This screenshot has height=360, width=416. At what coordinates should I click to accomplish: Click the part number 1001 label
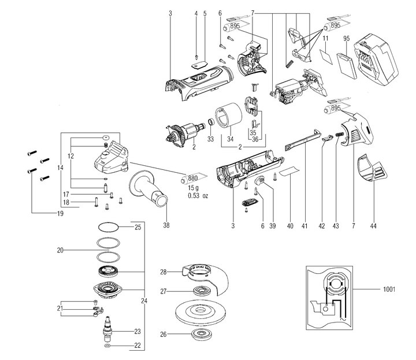coord(389,289)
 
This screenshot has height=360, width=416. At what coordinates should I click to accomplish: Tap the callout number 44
coord(373,226)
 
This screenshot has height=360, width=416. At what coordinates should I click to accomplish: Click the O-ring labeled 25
coord(108,227)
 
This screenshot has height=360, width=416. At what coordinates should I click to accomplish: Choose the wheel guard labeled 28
coord(205,279)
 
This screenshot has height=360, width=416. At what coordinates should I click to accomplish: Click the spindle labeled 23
coord(108,329)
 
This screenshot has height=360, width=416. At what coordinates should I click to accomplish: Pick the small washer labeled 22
coord(107,346)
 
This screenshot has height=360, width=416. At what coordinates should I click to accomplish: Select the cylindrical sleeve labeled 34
coord(228,116)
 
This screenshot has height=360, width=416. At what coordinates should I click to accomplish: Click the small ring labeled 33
coord(211,123)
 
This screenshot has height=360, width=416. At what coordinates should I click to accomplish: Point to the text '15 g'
coord(193,188)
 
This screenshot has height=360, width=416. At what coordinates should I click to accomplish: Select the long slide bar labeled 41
coord(303,140)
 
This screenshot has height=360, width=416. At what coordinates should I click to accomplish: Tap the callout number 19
coord(60,213)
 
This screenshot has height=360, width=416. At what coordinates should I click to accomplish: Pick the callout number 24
coord(144,301)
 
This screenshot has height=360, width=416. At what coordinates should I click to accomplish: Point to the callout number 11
coord(325,38)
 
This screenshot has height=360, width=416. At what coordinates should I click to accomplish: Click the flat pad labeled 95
coord(347,66)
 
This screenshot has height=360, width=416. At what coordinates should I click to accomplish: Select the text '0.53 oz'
coord(198,196)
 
